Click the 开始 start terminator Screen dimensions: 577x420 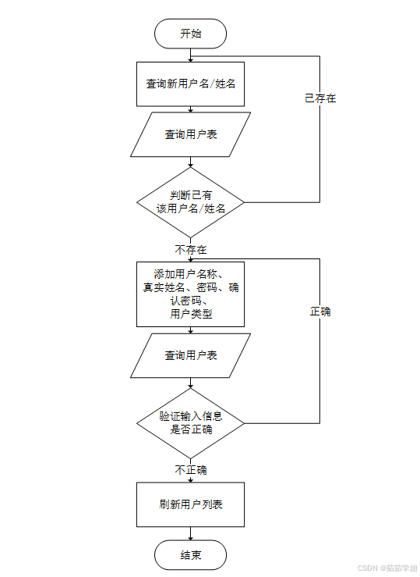(x=191, y=34)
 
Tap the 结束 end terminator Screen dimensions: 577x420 (x=191, y=555)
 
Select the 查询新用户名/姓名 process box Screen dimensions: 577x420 (x=191, y=84)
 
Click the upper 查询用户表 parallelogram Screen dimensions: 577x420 (x=191, y=134)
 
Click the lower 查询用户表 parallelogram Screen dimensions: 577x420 (x=191, y=355)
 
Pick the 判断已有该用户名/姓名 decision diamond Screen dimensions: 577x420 (x=191, y=202)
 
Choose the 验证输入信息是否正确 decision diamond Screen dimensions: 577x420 (x=191, y=423)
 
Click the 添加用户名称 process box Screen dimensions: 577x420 (x=191, y=294)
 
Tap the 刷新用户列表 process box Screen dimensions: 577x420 (x=191, y=504)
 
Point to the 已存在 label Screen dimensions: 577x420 (x=320, y=99)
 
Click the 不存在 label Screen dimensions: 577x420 (x=191, y=250)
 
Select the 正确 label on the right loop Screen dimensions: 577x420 (x=320, y=311)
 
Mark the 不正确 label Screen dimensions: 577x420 (x=191, y=470)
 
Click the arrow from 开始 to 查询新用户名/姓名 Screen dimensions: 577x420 (x=191, y=55)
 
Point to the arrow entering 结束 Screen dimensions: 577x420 (x=191, y=536)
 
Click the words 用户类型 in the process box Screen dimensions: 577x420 (x=191, y=314)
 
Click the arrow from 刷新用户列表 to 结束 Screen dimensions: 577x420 (x=191, y=534)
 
